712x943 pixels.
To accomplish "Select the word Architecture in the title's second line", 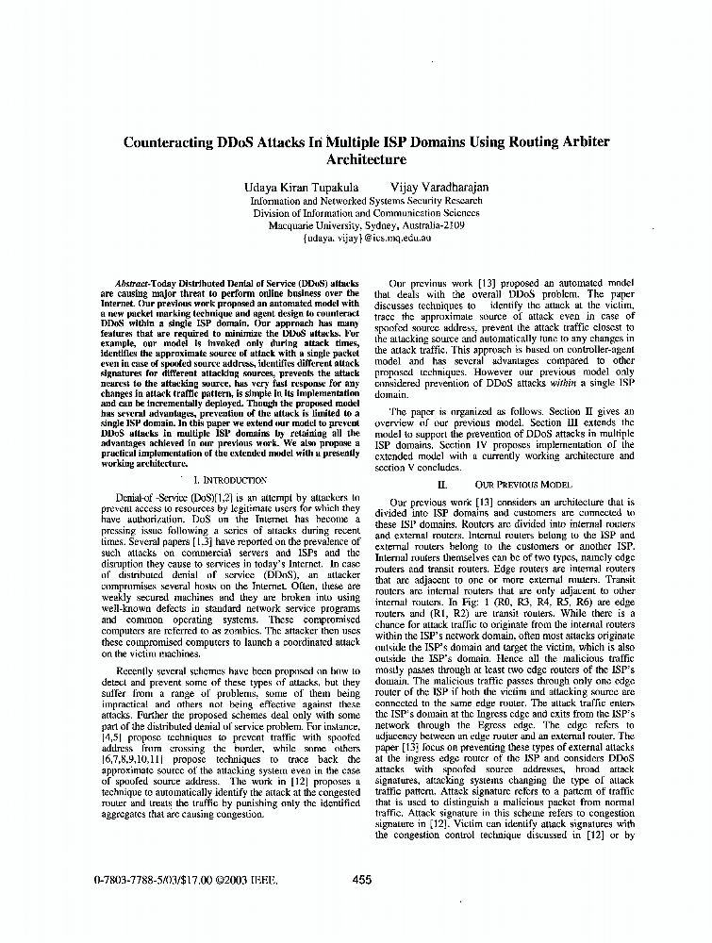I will [x=366, y=160].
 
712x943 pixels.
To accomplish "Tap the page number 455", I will [x=361, y=880].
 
